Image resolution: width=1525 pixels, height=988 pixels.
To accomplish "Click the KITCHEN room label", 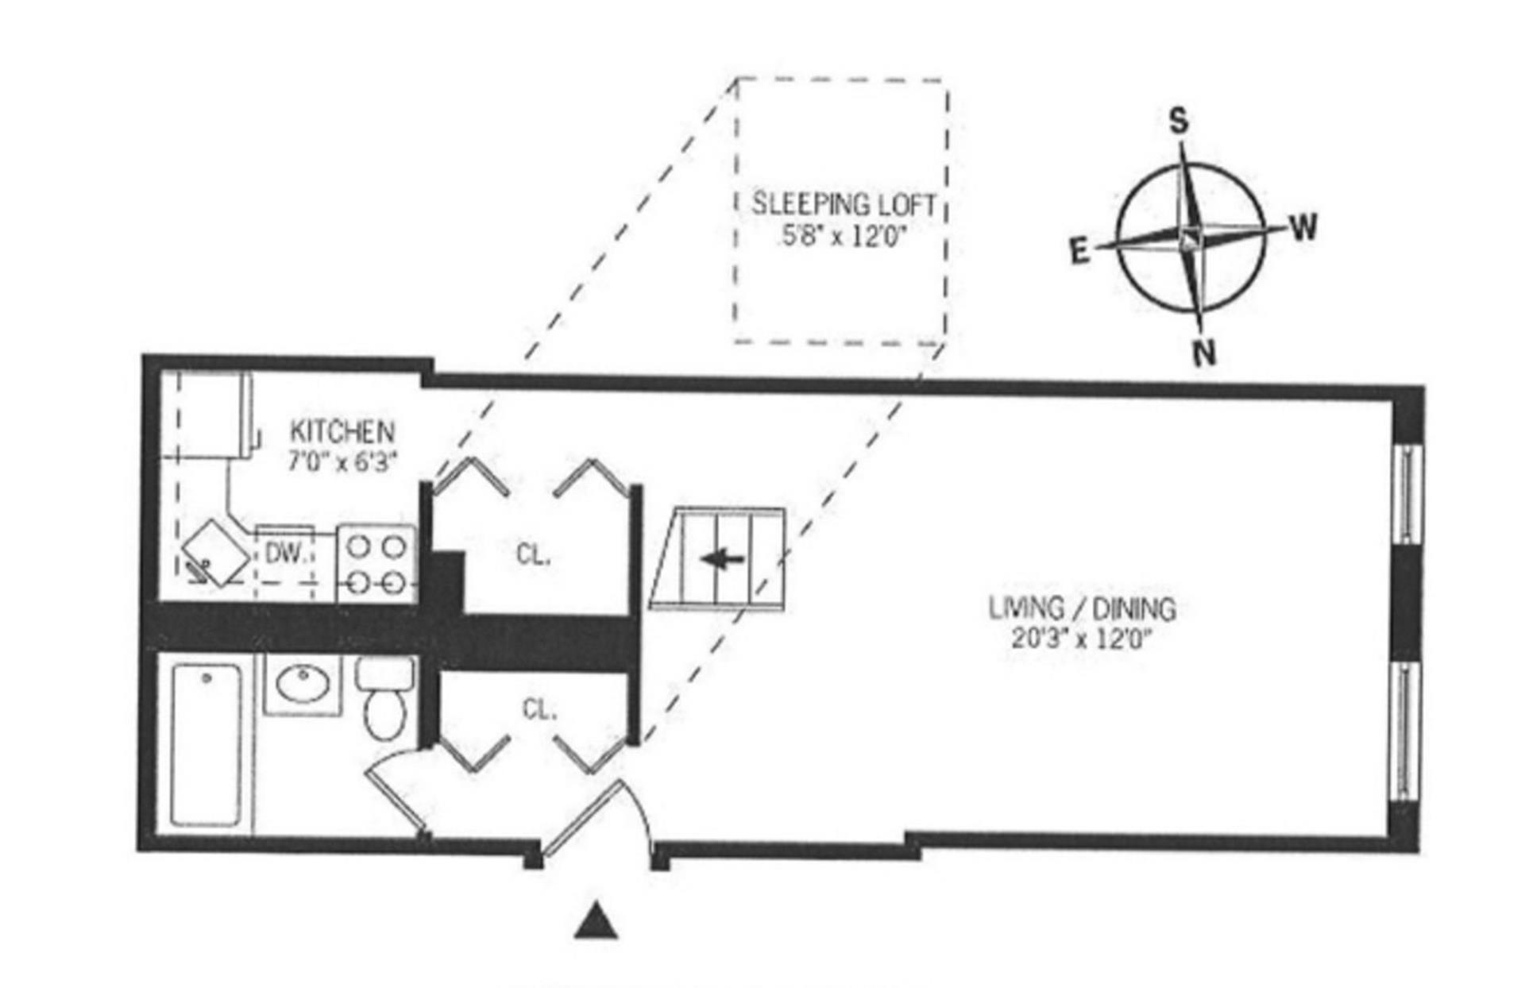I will tap(342, 431).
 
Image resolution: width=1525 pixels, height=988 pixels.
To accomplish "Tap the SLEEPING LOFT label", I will tap(843, 204).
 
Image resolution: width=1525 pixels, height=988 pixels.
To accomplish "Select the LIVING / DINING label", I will tap(1082, 608).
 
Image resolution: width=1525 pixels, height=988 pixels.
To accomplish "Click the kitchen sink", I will tap(216, 551).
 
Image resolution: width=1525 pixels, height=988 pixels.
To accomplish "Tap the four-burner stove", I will tap(376, 565).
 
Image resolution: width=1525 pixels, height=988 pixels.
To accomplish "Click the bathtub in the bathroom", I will tap(206, 745).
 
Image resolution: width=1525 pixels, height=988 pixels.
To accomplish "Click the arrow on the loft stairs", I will tap(723, 559).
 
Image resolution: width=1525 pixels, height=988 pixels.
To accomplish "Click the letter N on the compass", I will tap(1205, 352).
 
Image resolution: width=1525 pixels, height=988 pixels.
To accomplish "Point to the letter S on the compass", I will tap(1179, 122).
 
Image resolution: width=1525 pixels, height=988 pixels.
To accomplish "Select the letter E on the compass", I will tap(1079, 253).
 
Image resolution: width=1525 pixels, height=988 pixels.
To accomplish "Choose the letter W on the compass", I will tap(1303, 228).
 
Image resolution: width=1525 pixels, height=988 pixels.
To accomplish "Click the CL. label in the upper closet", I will tap(533, 554).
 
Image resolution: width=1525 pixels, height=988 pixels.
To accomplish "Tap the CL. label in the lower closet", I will tap(539, 709).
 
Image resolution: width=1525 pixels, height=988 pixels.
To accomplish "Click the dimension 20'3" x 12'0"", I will tap(1082, 639).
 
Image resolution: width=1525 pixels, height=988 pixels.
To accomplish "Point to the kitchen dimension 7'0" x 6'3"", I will tap(342, 461).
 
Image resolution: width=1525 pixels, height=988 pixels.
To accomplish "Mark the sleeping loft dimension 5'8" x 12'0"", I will tap(843, 236).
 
